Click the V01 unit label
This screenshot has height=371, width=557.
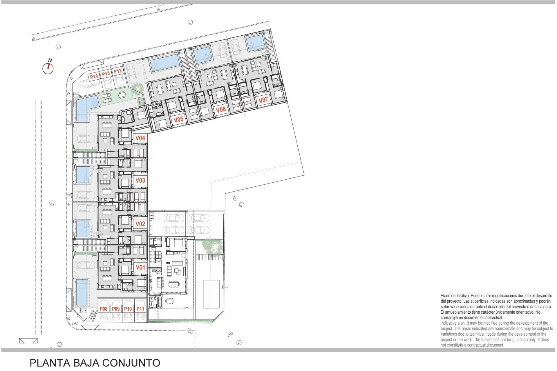click(140, 267)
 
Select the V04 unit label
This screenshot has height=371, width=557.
click(140, 138)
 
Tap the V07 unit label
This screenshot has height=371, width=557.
click(263, 100)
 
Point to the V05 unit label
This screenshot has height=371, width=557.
click(178, 119)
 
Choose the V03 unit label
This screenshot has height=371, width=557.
click(140, 180)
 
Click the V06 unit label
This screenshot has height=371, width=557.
click(221, 110)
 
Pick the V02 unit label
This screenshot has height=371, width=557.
click(140, 224)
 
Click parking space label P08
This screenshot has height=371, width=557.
click(104, 309)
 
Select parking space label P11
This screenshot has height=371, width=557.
click(140, 309)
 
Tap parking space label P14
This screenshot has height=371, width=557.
click(94, 77)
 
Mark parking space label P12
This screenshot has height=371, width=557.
click(117, 71)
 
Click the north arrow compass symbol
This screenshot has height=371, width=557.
click(48, 68)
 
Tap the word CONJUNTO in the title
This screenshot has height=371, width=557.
click(131, 363)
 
